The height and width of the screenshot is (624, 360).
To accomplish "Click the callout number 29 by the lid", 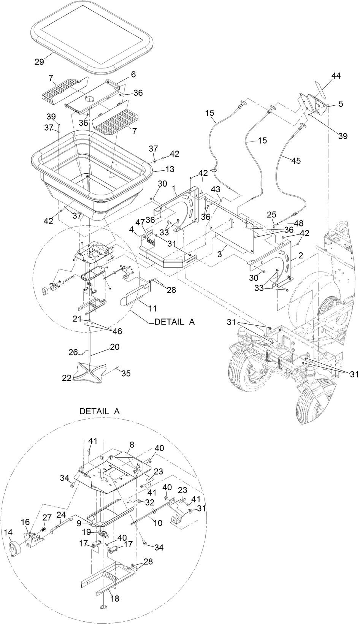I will coord(40,62).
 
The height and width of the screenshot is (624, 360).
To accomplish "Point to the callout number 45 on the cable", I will coord(296,161).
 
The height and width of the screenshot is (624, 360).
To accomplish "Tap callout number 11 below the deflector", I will coord(143,308).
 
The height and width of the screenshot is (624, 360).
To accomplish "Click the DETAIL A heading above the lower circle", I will coord(99,411).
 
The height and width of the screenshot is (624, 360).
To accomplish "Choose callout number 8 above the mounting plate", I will coord(132,444).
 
